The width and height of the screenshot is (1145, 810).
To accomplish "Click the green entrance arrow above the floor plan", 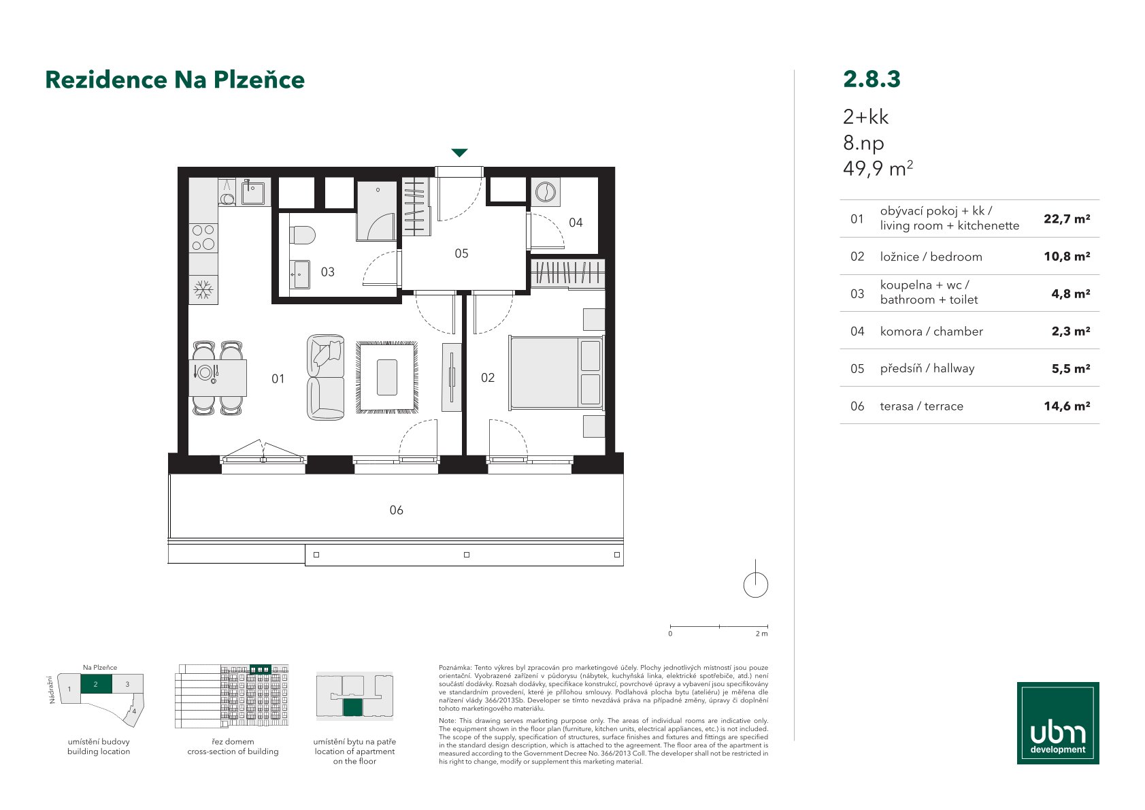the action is [459, 152].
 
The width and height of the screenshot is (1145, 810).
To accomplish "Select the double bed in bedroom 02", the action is [556, 373].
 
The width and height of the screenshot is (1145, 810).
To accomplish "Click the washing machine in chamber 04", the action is [546, 193].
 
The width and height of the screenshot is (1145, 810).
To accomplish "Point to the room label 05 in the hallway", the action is [461, 254].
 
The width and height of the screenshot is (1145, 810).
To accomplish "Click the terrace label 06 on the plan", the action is [396, 510].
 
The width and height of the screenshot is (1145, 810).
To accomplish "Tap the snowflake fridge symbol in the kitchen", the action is [203, 290].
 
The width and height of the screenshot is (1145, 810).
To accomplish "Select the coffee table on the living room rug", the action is [387, 377].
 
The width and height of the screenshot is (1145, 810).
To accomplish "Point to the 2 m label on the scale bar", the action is [761, 634].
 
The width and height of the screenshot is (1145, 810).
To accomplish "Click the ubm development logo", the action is [1058, 723].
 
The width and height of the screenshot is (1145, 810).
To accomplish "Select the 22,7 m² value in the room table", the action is [1067, 219].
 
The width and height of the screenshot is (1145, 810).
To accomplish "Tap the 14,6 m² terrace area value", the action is [1067, 406].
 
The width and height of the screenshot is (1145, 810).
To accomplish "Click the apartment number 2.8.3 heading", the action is [872, 79].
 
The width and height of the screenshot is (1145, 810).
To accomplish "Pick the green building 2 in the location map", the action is [96, 684].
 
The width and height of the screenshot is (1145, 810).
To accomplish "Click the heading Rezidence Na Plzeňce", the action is [175, 80].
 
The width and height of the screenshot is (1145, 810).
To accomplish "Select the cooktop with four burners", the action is [203, 238].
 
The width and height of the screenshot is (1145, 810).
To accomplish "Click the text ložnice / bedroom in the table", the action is [931, 257].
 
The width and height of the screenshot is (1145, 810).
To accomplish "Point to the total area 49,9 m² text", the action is [878, 168].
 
